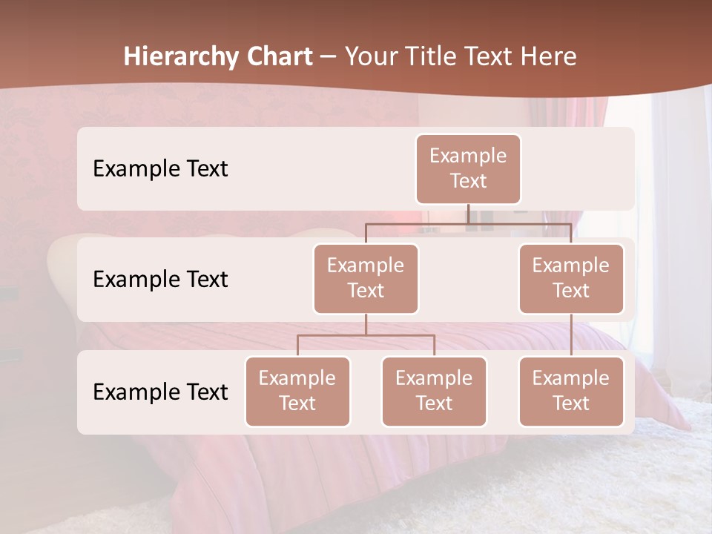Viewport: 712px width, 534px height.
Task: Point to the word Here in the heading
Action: (x=548, y=57)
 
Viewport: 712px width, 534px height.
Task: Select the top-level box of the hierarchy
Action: (x=468, y=169)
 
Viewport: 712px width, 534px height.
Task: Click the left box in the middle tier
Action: (x=366, y=279)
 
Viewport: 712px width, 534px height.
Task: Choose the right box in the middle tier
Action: (x=571, y=279)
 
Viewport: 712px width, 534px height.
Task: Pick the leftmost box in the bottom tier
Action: (x=297, y=392)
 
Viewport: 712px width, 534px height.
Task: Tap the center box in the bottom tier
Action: (x=434, y=392)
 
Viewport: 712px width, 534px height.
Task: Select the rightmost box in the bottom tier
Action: (x=571, y=392)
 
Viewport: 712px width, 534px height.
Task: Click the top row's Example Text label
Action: (x=160, y=169)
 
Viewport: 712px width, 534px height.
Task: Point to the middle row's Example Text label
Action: (x=160, y=280)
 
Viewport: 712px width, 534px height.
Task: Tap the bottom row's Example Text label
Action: (x=160, y=392)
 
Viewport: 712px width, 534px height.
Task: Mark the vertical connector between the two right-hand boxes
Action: (x=571, y=335)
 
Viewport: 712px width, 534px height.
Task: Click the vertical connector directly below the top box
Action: (x=468, y=214)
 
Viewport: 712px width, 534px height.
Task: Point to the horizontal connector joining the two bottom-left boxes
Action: (x=366, y=335)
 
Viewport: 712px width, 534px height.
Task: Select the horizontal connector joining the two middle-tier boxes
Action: (x=468, y=223)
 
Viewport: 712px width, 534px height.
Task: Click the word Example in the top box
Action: (x=468, y=156)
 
